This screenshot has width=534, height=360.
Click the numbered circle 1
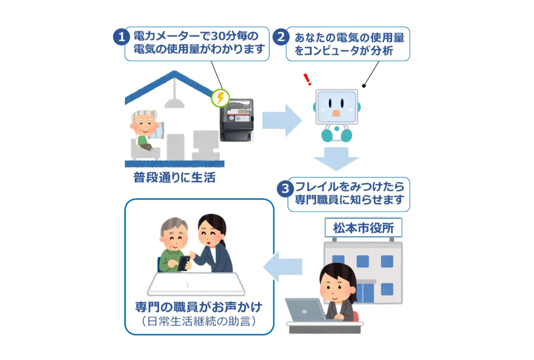point(121,37)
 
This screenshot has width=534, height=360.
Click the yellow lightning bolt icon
point(220,98)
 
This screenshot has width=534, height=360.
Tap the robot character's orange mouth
point(336,113)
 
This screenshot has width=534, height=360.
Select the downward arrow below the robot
point(336,158)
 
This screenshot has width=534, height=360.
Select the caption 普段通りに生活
point(174,178)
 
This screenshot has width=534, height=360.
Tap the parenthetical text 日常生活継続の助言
point(199,321)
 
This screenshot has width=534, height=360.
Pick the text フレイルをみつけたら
point(350,186)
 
